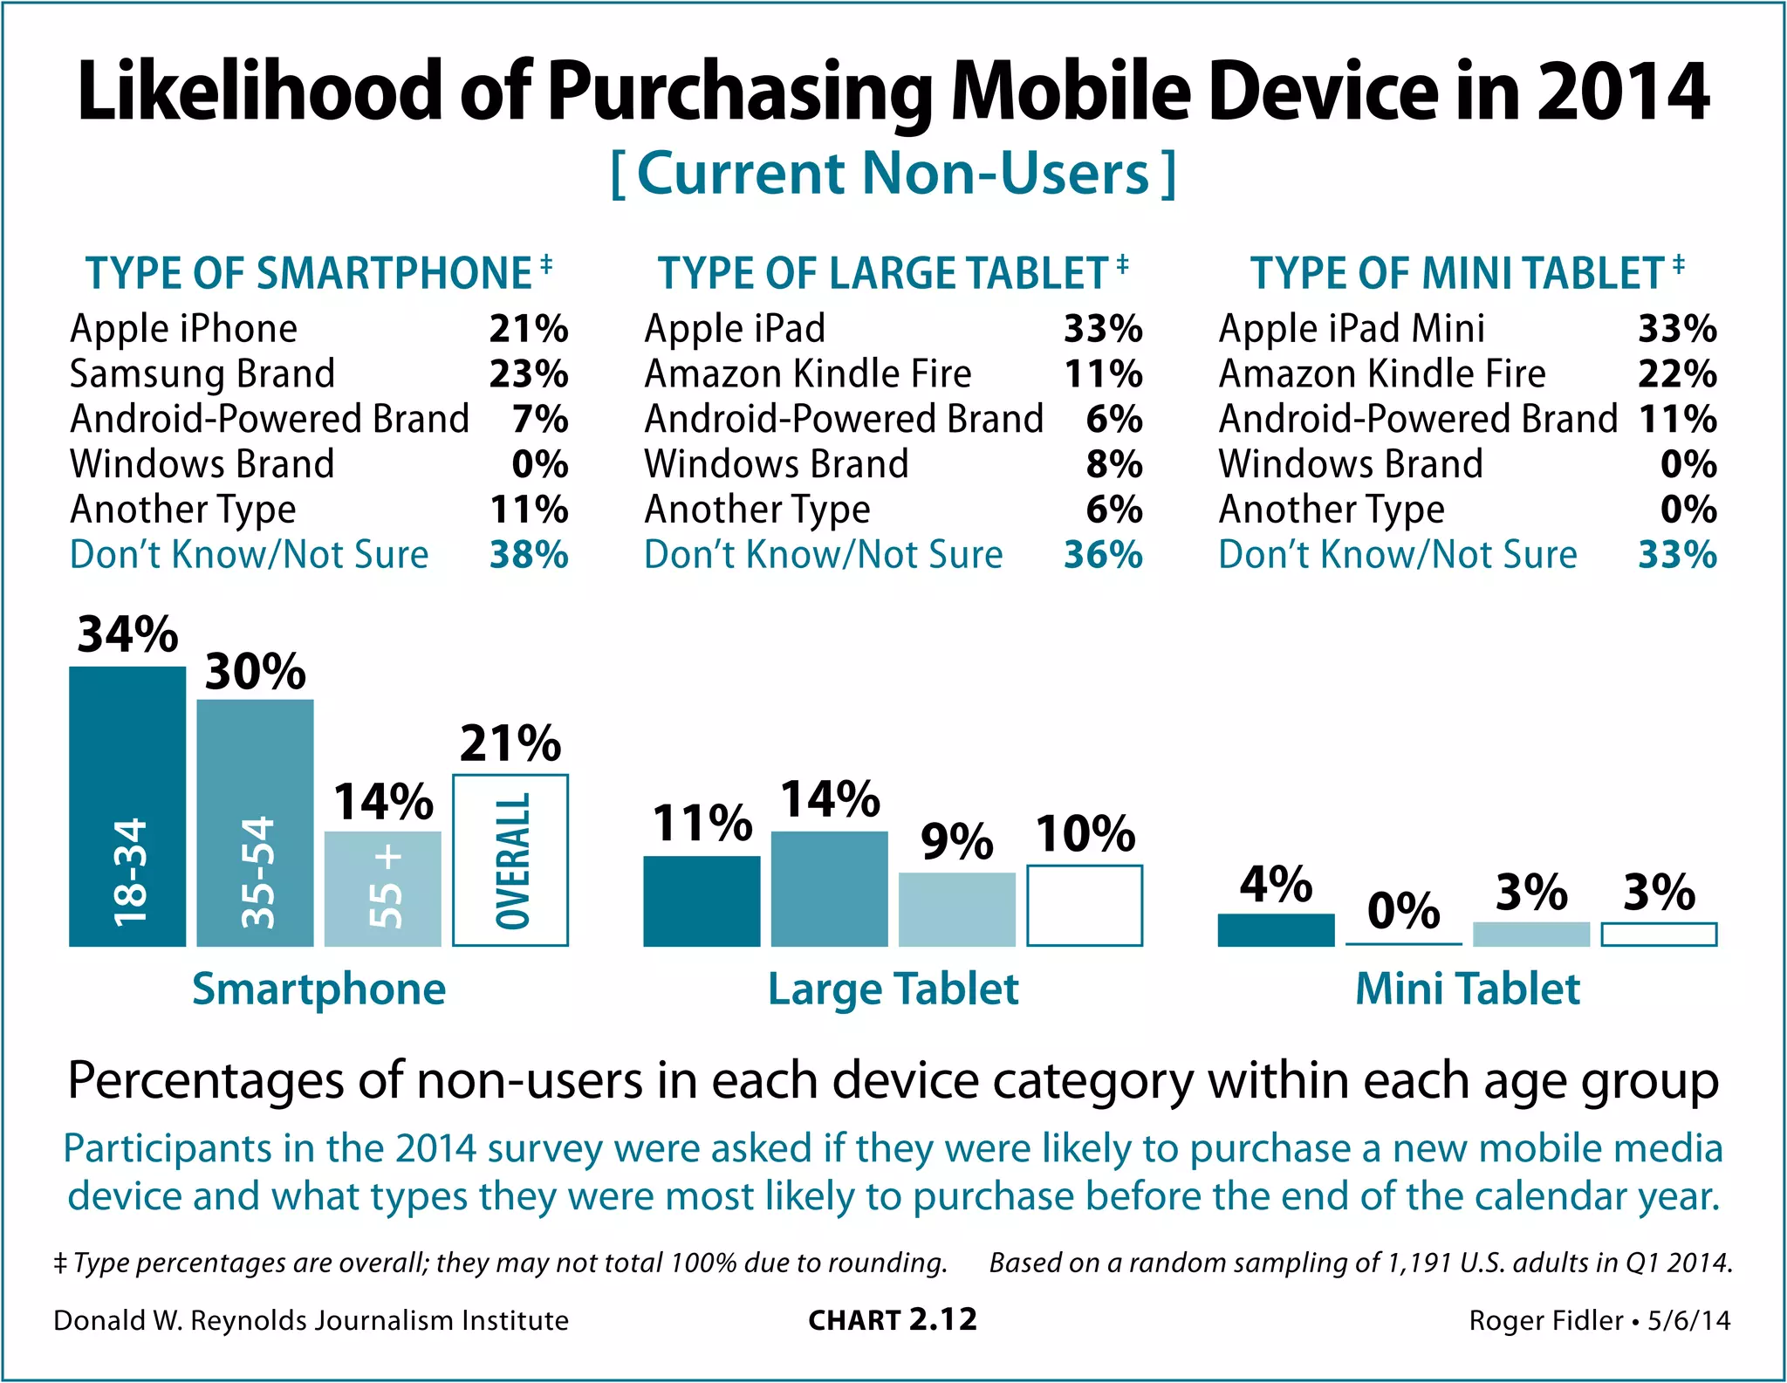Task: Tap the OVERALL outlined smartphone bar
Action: (510, 860)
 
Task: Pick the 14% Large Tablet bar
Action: (829, 888)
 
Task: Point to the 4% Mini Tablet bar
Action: (1276, 930)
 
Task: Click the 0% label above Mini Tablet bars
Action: (1403, 911)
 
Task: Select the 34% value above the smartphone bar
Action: (127, 634)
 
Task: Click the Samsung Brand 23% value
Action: (529, 374)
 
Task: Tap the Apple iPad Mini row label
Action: (1351, 329)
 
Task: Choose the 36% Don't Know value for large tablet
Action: (1103, 555)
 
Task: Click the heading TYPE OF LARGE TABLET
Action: (882, 273)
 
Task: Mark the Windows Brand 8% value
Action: (1114, 464)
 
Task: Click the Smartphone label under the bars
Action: (318, 989)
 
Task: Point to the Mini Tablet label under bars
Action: (1468, 989)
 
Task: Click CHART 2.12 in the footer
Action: (893, 1320)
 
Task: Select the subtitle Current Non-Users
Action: (893, 173)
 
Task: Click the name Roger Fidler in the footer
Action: (1545, 1321)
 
